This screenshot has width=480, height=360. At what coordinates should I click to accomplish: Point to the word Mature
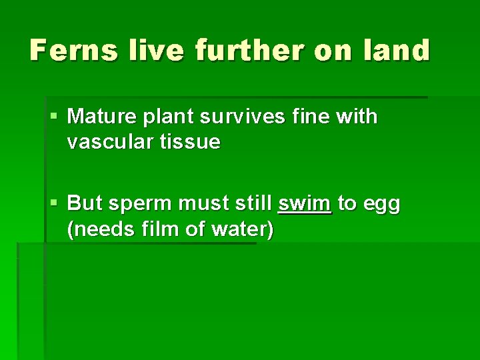(x=100, y=117)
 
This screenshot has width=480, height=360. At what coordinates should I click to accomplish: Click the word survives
(x=237, y=117)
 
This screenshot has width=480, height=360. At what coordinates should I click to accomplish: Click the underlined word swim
(x=305, y=204)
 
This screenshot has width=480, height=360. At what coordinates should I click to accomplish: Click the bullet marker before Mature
(x=54, y=117)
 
